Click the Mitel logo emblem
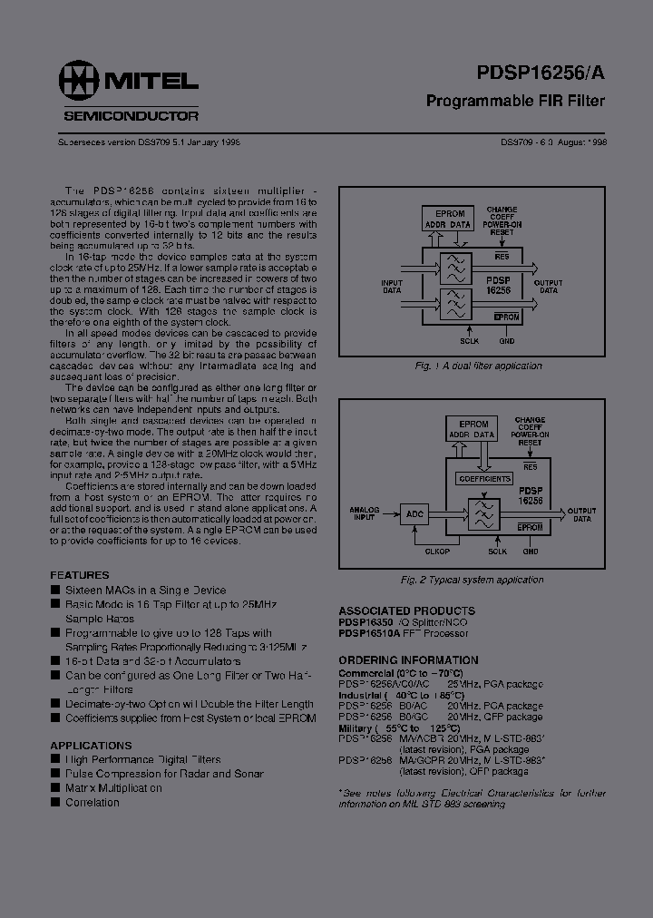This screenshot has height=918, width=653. tap(80, 82)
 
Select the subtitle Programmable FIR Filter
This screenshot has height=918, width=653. tap(515, 101)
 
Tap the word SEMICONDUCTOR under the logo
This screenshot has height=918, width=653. tap(132, 115)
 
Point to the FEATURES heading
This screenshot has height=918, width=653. tap(79, 575)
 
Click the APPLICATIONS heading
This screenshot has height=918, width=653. tap(91, 746)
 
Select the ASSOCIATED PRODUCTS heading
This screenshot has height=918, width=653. tap(406, 610)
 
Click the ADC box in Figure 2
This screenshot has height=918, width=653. tap(415, 514)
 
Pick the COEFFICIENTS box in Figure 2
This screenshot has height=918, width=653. tap(485, 479)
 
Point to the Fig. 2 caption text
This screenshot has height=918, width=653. tap(485, 580)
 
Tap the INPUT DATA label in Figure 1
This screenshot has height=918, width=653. tap(392, 286)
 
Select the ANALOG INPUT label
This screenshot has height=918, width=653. tap(365, 514)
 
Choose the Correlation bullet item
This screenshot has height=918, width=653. tap(92, 803)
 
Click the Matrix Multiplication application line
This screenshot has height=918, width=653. tap(113, 788)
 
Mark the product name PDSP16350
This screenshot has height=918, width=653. tap(366, 622)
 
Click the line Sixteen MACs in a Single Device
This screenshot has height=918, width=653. tap(145, 590)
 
